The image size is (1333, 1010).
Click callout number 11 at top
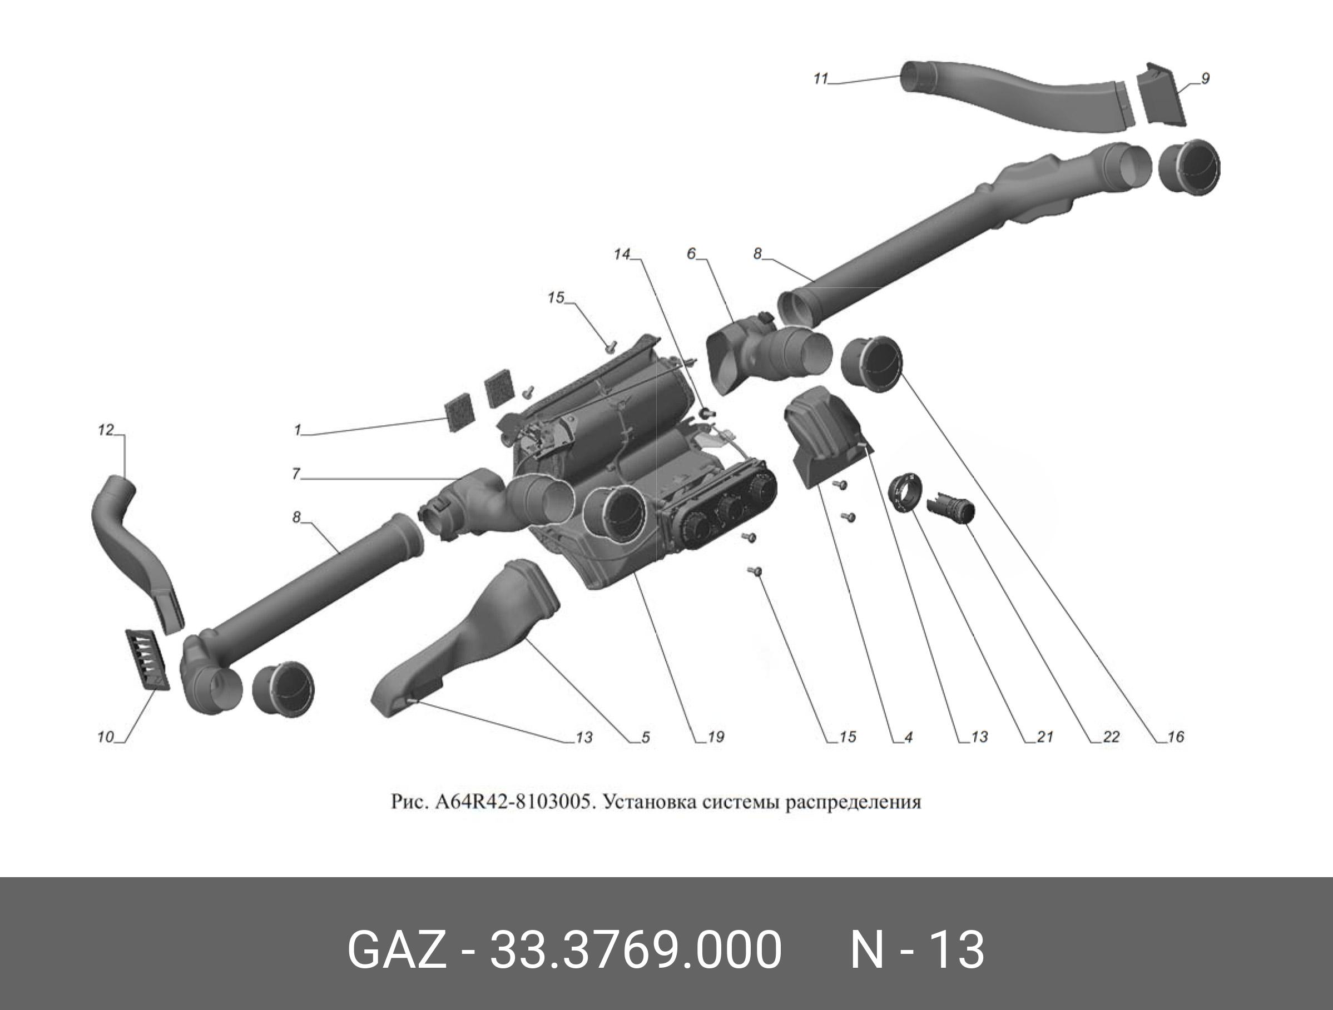(821, 79)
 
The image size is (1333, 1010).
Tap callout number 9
(1205, 79)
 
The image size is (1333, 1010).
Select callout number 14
(622, 255)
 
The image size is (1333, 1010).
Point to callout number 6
(691, 254)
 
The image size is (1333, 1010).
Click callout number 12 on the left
(106, 430)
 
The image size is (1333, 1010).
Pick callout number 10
(106, 737)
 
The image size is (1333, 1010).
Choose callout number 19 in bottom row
(716, 737)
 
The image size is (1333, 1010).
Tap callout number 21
(1044, 737)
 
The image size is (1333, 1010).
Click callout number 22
(1111, 737)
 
